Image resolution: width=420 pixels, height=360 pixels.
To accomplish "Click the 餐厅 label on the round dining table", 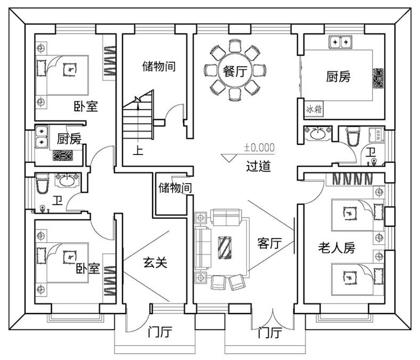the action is [x=235, y=71].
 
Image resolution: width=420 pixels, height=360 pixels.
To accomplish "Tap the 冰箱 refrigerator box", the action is [x=314, y=109].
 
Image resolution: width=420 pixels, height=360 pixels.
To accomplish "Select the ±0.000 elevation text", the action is [x=259, y=148].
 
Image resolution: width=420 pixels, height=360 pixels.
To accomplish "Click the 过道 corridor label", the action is [x=258, y=166].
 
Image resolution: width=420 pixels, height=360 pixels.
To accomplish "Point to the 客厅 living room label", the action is [x=269, y=243].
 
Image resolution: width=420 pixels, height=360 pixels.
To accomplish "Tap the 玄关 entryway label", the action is [x=155, y=263].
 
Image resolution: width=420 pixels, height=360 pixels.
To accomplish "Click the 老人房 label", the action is [x=337, y=248].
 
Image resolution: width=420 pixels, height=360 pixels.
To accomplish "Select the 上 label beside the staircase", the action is [x=138, y=150].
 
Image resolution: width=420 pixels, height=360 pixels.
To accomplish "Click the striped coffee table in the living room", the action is [x=225, y=248].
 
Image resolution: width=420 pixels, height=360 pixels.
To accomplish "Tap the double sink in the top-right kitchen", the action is [x=341, y=42].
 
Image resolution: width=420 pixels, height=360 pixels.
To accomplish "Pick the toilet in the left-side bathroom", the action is [x=42, y=183].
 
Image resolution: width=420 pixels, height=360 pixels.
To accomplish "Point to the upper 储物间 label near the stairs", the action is [x=159, y=66].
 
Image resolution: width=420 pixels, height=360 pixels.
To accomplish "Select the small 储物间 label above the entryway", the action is [x=175, y=188].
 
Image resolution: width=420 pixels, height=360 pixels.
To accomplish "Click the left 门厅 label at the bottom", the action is [x=160, y=332].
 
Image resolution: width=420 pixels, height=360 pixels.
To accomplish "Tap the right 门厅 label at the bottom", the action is [x=270, y=333].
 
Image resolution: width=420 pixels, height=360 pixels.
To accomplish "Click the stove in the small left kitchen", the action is [x=63, y=156].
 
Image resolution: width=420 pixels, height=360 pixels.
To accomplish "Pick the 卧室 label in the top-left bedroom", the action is [x=86, y=106].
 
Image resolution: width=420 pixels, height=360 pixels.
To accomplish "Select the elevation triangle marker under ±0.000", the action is [x=229, y=158].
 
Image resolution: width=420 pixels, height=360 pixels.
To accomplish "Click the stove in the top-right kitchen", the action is [x=378, y=78].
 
